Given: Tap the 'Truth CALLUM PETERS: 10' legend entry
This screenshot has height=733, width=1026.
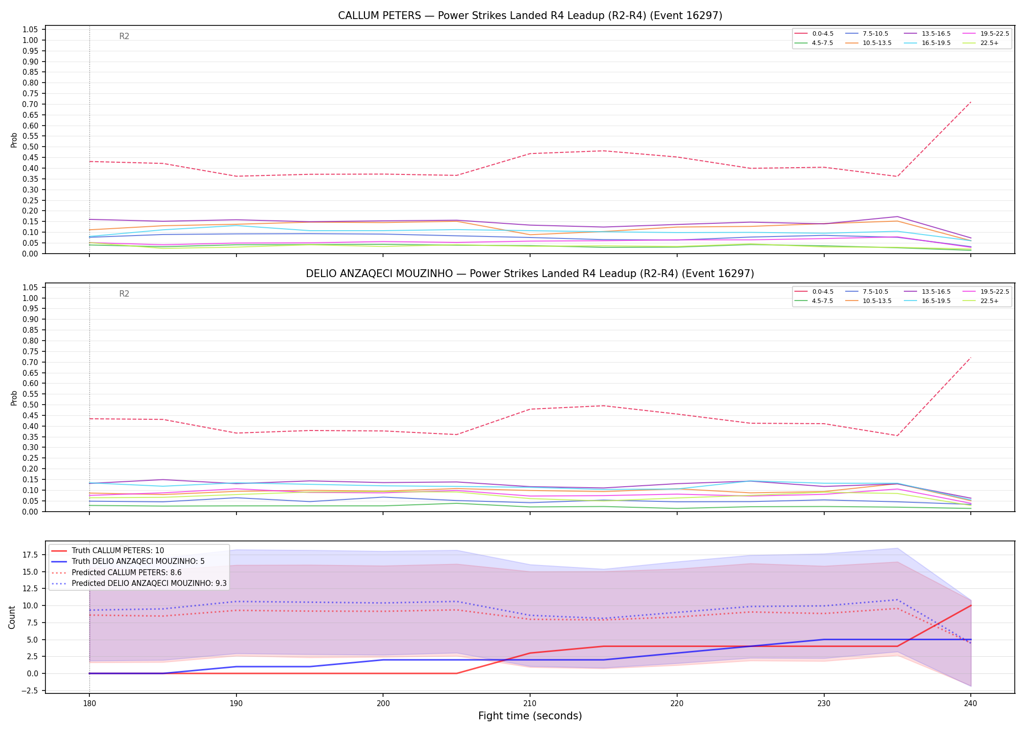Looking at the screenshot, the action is pyautogui.click(x=107, y=551).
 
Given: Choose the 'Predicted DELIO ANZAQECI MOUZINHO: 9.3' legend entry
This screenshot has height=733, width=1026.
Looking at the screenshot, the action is pyautogui.click(x=139, y=583).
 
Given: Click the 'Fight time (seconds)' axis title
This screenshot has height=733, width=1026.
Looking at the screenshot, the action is pyautogui.click(x=530, y=716).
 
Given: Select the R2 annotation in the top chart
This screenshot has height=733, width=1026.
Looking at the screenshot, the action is pyautogui.click(x=124, y=36).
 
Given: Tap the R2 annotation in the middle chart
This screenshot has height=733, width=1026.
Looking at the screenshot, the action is pyautogui.click(x=124, y=294).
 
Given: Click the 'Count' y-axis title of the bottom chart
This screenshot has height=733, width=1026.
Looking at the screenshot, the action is pyautogui.click(x=12, y=617).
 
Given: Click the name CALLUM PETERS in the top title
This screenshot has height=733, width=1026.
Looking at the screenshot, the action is pyautogui.click(x=380, y=16).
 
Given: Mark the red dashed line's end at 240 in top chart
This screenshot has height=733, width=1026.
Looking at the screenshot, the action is pyautogui.click(x=970, y=102).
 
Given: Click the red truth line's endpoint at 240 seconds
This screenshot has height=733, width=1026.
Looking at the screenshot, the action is pyautogui.click(x=970, y=605).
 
